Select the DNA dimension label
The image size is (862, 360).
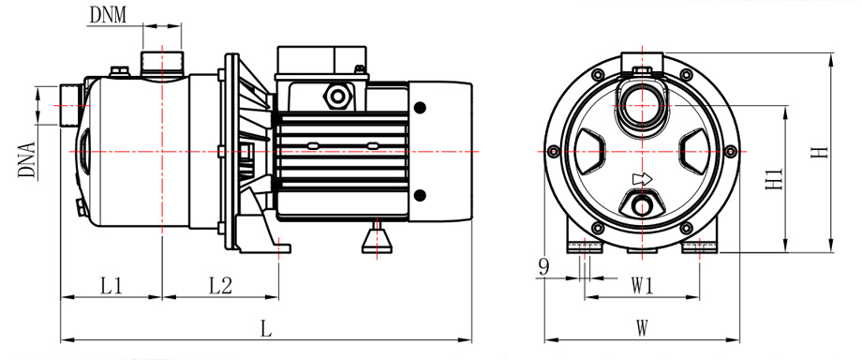[26, 160]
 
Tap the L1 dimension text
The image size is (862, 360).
[111, 286]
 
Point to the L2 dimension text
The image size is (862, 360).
[220, 286]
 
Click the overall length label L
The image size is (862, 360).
[265, 328]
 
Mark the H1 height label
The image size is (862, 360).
[773, 177]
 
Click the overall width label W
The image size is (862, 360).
[642, 328]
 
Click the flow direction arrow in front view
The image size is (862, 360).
[642, 179]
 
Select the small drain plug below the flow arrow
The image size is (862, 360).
[642, 206]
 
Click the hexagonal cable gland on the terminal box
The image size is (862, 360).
[335, 96]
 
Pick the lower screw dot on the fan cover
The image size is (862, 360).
[419, 195]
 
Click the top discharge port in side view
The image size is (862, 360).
[162, 62]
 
